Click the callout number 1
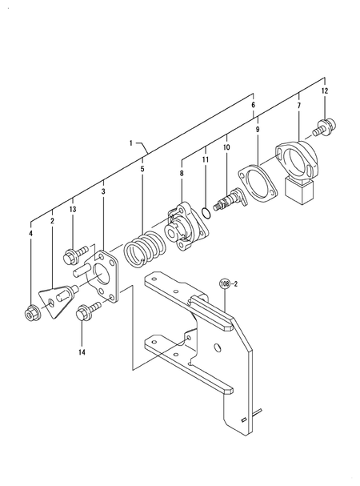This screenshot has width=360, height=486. coord(130,143)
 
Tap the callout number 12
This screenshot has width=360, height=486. coord(324,93)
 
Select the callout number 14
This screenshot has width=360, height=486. coord(81,352)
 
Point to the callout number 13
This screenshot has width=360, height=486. coord(73,210)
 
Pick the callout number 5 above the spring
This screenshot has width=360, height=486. coord(142,170)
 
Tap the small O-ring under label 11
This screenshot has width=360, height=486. coord(208,212)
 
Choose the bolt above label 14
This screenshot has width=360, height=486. coord(84,315)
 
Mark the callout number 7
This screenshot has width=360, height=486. coord(298,106)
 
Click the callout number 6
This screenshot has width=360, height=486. coord(253,106)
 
